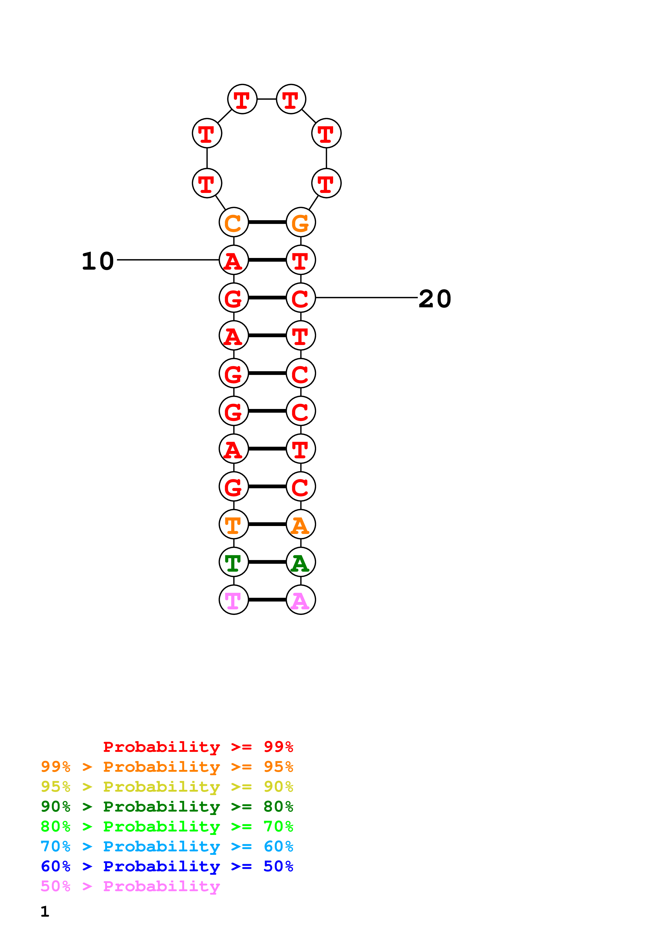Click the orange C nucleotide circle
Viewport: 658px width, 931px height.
pyautogui.click(x=234, y=222)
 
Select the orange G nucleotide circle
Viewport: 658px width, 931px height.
pyautogui.click(x=300, y=222)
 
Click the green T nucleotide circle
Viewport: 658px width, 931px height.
pyautogui.click(x=234, y=562)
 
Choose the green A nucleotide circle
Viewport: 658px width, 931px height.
pyautogui.click(x=300, y=562)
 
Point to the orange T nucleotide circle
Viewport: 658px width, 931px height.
pyautogui.click(x=234, y=524)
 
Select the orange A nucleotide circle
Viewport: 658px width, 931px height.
pyautogui.click(x=300, y=524)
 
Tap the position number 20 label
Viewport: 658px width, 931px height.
pyautogui.click(x=435, y=299)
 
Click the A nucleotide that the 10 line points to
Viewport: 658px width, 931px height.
pyautogui.click(x=234, y=260)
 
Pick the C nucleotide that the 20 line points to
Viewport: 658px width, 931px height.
pyautogui.click(x=300, y=298)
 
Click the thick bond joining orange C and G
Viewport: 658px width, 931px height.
pyautogui.click(x=267, y=222)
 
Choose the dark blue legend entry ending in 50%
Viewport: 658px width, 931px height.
pyautogui.click(x=167, y=866)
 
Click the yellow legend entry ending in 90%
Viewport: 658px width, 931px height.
pyautogui.click(x=167, y=787)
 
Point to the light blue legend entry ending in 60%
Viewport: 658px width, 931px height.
pyautogui.click(x=167, y=846)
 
